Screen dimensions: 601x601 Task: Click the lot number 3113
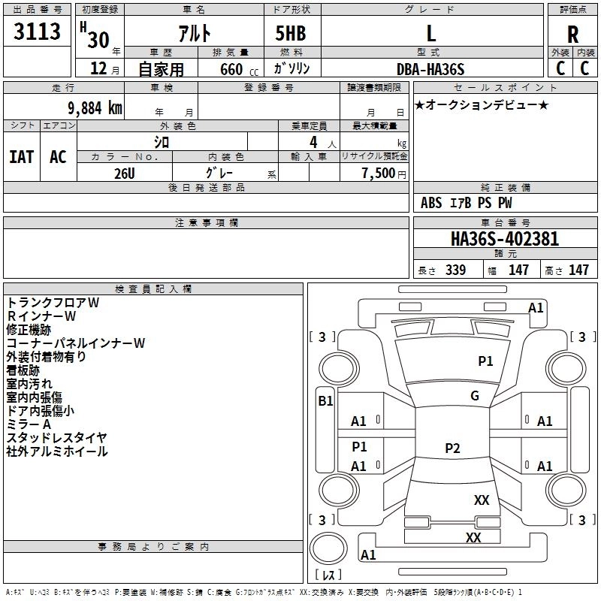click(x=37, y=31)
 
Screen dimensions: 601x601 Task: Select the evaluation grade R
click(x=572, y=35)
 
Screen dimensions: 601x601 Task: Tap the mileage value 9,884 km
click(x=95, y=108)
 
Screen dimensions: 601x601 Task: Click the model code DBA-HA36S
click(x=430, y=69)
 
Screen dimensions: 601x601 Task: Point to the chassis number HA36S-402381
click(x=505, y=239)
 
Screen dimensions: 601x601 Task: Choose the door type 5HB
click(x=291, y=33)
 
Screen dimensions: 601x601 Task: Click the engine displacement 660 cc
click(x=239, y=69)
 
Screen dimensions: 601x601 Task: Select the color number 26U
click(x=125, y=174)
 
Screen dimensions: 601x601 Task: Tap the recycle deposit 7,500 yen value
click(x=384, y=174)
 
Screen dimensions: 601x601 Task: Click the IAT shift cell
click(x=22, y=157)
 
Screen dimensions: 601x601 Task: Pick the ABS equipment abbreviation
click(x=431, y=203)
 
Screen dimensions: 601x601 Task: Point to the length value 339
click(x=455, y=270)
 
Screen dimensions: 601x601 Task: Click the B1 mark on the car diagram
click(x=325, y=401)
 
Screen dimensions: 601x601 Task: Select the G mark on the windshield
click(x=475, y=396)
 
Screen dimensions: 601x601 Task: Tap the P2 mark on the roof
click(x=452, y=448)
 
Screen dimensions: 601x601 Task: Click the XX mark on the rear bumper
click(x=473, y=537)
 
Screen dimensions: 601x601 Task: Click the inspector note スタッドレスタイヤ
click(x=57, y=437)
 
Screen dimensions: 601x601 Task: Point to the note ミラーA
click(x=29, y=424)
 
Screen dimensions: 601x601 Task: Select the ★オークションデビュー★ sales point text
click(x=482, y=105)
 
